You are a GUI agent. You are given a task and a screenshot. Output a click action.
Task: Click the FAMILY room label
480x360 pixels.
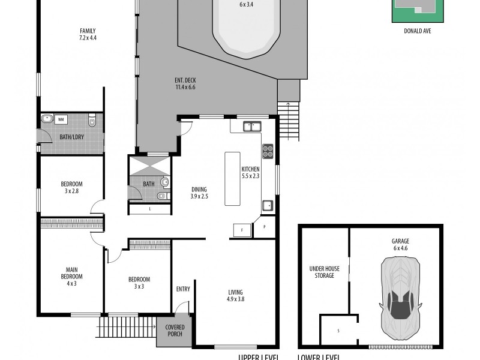click(88, 35)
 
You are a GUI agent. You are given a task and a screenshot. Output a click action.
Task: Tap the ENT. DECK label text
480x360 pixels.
click(185, 84)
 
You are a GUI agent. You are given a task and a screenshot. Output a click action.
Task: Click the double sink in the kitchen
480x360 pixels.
click(252, 126)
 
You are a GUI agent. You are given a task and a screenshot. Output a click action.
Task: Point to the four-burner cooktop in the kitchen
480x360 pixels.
click(268, 151)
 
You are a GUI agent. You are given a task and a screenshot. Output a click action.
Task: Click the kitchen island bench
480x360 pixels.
click(232, 178)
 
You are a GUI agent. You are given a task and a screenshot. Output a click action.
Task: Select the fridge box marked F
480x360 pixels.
click(242, 230)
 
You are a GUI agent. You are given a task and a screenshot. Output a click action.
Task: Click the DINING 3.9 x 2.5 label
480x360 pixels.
click(199, 193)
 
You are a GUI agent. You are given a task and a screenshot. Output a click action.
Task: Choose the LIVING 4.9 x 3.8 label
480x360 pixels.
click(235, 296)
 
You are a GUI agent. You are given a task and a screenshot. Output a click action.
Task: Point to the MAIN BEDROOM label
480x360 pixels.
click(71, 276)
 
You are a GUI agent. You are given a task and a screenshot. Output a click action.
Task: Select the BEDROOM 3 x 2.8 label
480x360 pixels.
click(71, 187)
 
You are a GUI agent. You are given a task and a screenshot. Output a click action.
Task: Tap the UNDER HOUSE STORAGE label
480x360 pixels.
click(324, 272)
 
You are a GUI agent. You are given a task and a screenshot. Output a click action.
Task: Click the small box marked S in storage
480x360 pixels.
click(339, 331)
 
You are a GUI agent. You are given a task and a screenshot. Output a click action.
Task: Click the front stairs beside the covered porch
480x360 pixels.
click(126, 328)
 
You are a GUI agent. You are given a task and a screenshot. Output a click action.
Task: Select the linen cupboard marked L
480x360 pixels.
click(149, 209)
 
